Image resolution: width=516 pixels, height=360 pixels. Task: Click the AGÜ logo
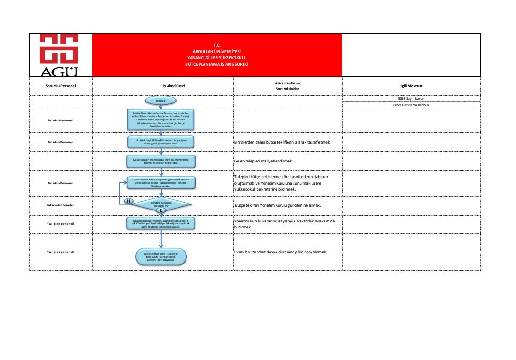point(59,55)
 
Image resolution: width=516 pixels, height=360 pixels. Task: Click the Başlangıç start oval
point(161,101)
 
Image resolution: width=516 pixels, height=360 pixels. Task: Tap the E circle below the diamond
point(161,210)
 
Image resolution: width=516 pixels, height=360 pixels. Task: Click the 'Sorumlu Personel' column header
point(60,86)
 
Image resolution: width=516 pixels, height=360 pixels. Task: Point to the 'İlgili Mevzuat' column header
point(411,86)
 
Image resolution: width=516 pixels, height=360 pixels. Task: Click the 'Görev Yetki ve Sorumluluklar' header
point(288,85)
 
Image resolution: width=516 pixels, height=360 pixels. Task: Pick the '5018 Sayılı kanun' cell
point(411,99)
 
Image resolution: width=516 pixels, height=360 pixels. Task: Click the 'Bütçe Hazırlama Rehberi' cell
point(411,105)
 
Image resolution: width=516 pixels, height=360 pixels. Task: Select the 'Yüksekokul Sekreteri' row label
point(60,205)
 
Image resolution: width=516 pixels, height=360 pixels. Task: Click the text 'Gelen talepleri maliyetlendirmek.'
point(264,162)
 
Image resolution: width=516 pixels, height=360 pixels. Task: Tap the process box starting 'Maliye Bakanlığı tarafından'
point(161,120)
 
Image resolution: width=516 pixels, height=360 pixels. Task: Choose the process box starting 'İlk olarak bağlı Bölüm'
point(161,141)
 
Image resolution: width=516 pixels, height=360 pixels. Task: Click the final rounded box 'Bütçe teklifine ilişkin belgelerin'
point(161,257)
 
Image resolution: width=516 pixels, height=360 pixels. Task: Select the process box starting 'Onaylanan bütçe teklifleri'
point(161,223)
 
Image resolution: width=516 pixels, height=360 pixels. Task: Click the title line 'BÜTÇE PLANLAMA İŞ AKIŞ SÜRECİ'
point(216,64)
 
